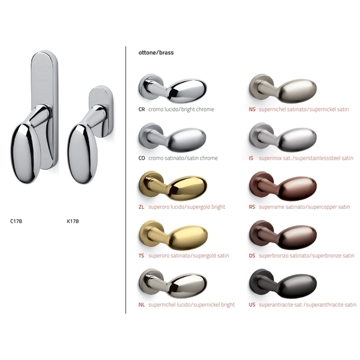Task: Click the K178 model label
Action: [73, 221]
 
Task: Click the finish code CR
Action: [142, 110]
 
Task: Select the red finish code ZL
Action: [142, 207]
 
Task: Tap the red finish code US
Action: [252, 305]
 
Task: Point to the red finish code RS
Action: [252, 207]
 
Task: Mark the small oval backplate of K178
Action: [96, 99]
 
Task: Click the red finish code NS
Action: [252, 110]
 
